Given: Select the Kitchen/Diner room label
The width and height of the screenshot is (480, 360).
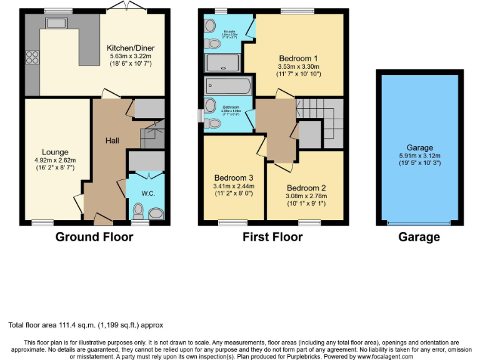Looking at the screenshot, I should pos(130,48).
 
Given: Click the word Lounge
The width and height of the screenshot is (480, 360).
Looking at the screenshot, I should pos(55,152).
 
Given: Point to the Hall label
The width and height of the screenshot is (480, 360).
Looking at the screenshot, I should pos(112,141).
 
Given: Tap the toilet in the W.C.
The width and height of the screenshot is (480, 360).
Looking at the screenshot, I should pos(138,211).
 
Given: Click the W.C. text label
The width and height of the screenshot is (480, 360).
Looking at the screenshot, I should pos(147,193).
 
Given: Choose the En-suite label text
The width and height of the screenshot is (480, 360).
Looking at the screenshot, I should pos(230,30).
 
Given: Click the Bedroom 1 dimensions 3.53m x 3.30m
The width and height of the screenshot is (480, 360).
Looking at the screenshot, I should pos(297,66).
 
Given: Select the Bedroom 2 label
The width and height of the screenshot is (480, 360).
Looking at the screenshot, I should pos(306,187).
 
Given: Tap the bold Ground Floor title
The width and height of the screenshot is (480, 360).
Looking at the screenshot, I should pos(94,237).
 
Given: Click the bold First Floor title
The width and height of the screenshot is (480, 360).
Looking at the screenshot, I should pos(272,237).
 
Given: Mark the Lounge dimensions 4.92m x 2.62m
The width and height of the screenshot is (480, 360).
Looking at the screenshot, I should pos(55,160).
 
